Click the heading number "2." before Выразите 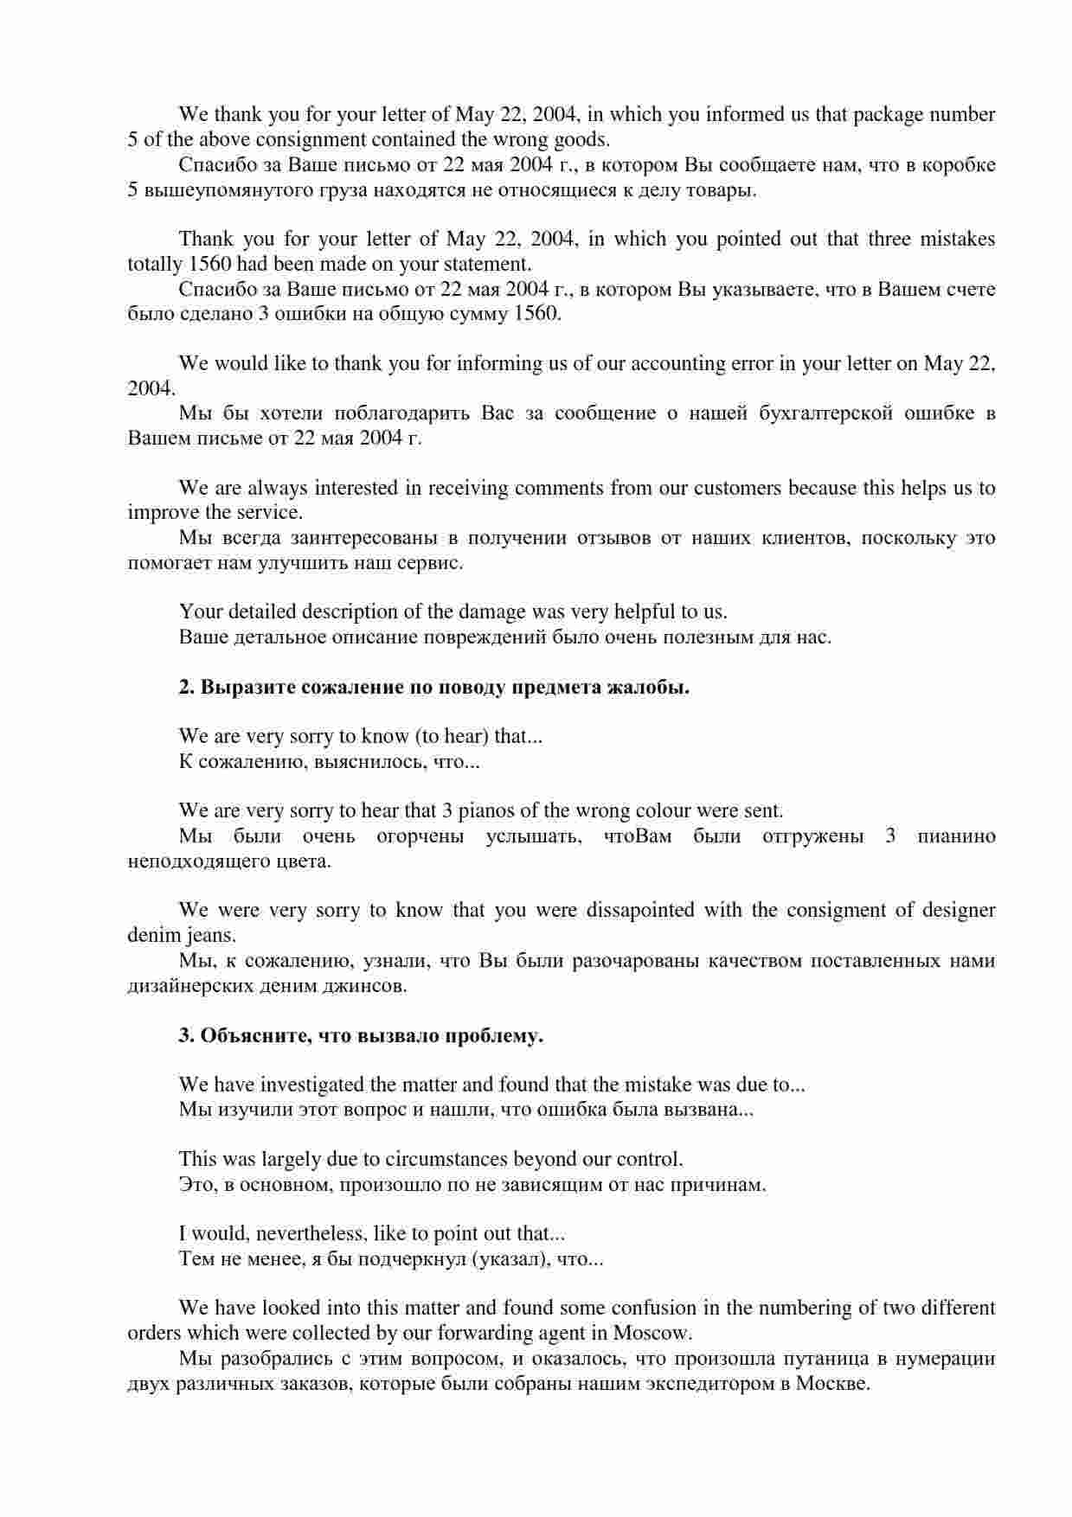point(187,688)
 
